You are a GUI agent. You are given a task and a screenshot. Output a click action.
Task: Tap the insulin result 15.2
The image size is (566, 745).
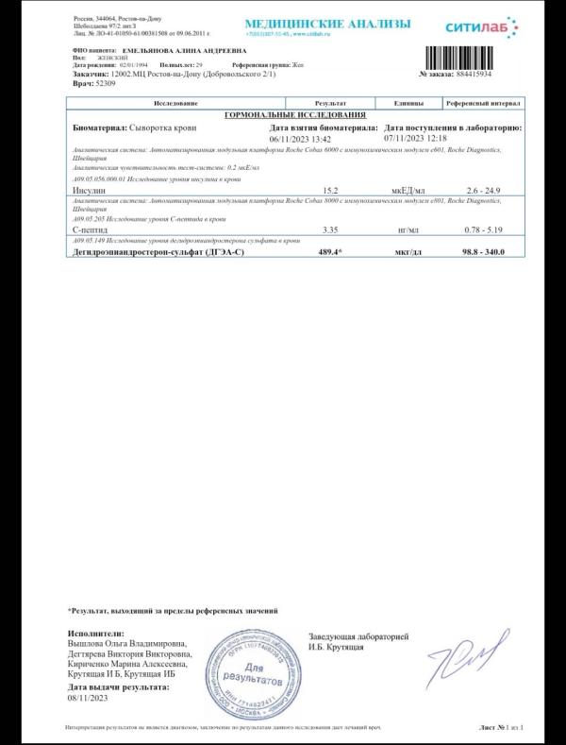pos(330,190)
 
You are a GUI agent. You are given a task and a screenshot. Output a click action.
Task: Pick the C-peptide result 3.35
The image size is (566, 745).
pos(330,229)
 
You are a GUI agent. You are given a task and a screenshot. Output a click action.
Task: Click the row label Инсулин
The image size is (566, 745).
pos(89,190)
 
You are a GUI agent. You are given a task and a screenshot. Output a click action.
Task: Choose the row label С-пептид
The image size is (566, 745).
pos(90,229)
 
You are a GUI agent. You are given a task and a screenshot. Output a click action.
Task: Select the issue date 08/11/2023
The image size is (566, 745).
pos(89,698)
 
